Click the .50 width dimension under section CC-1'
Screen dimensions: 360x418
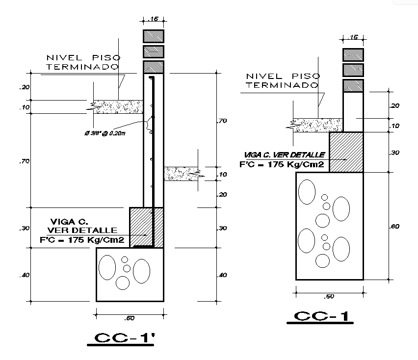130,318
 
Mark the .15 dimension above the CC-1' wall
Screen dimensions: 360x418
154,20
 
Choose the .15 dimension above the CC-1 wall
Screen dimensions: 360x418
353,37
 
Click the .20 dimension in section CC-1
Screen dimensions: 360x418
394,105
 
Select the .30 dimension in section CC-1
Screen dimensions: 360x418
394,153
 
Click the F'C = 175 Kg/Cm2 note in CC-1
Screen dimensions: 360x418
282,165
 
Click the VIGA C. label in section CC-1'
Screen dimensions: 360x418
66,221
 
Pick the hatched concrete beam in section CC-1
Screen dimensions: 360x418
346,152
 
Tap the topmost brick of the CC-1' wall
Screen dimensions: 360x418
154,36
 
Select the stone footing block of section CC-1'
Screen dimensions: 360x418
130,274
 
